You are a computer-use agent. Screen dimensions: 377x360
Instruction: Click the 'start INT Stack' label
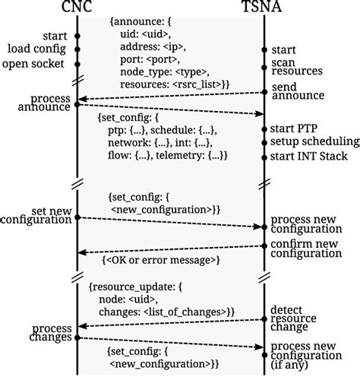click(308, 156)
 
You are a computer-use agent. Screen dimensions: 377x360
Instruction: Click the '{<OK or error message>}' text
click(160, 260)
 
